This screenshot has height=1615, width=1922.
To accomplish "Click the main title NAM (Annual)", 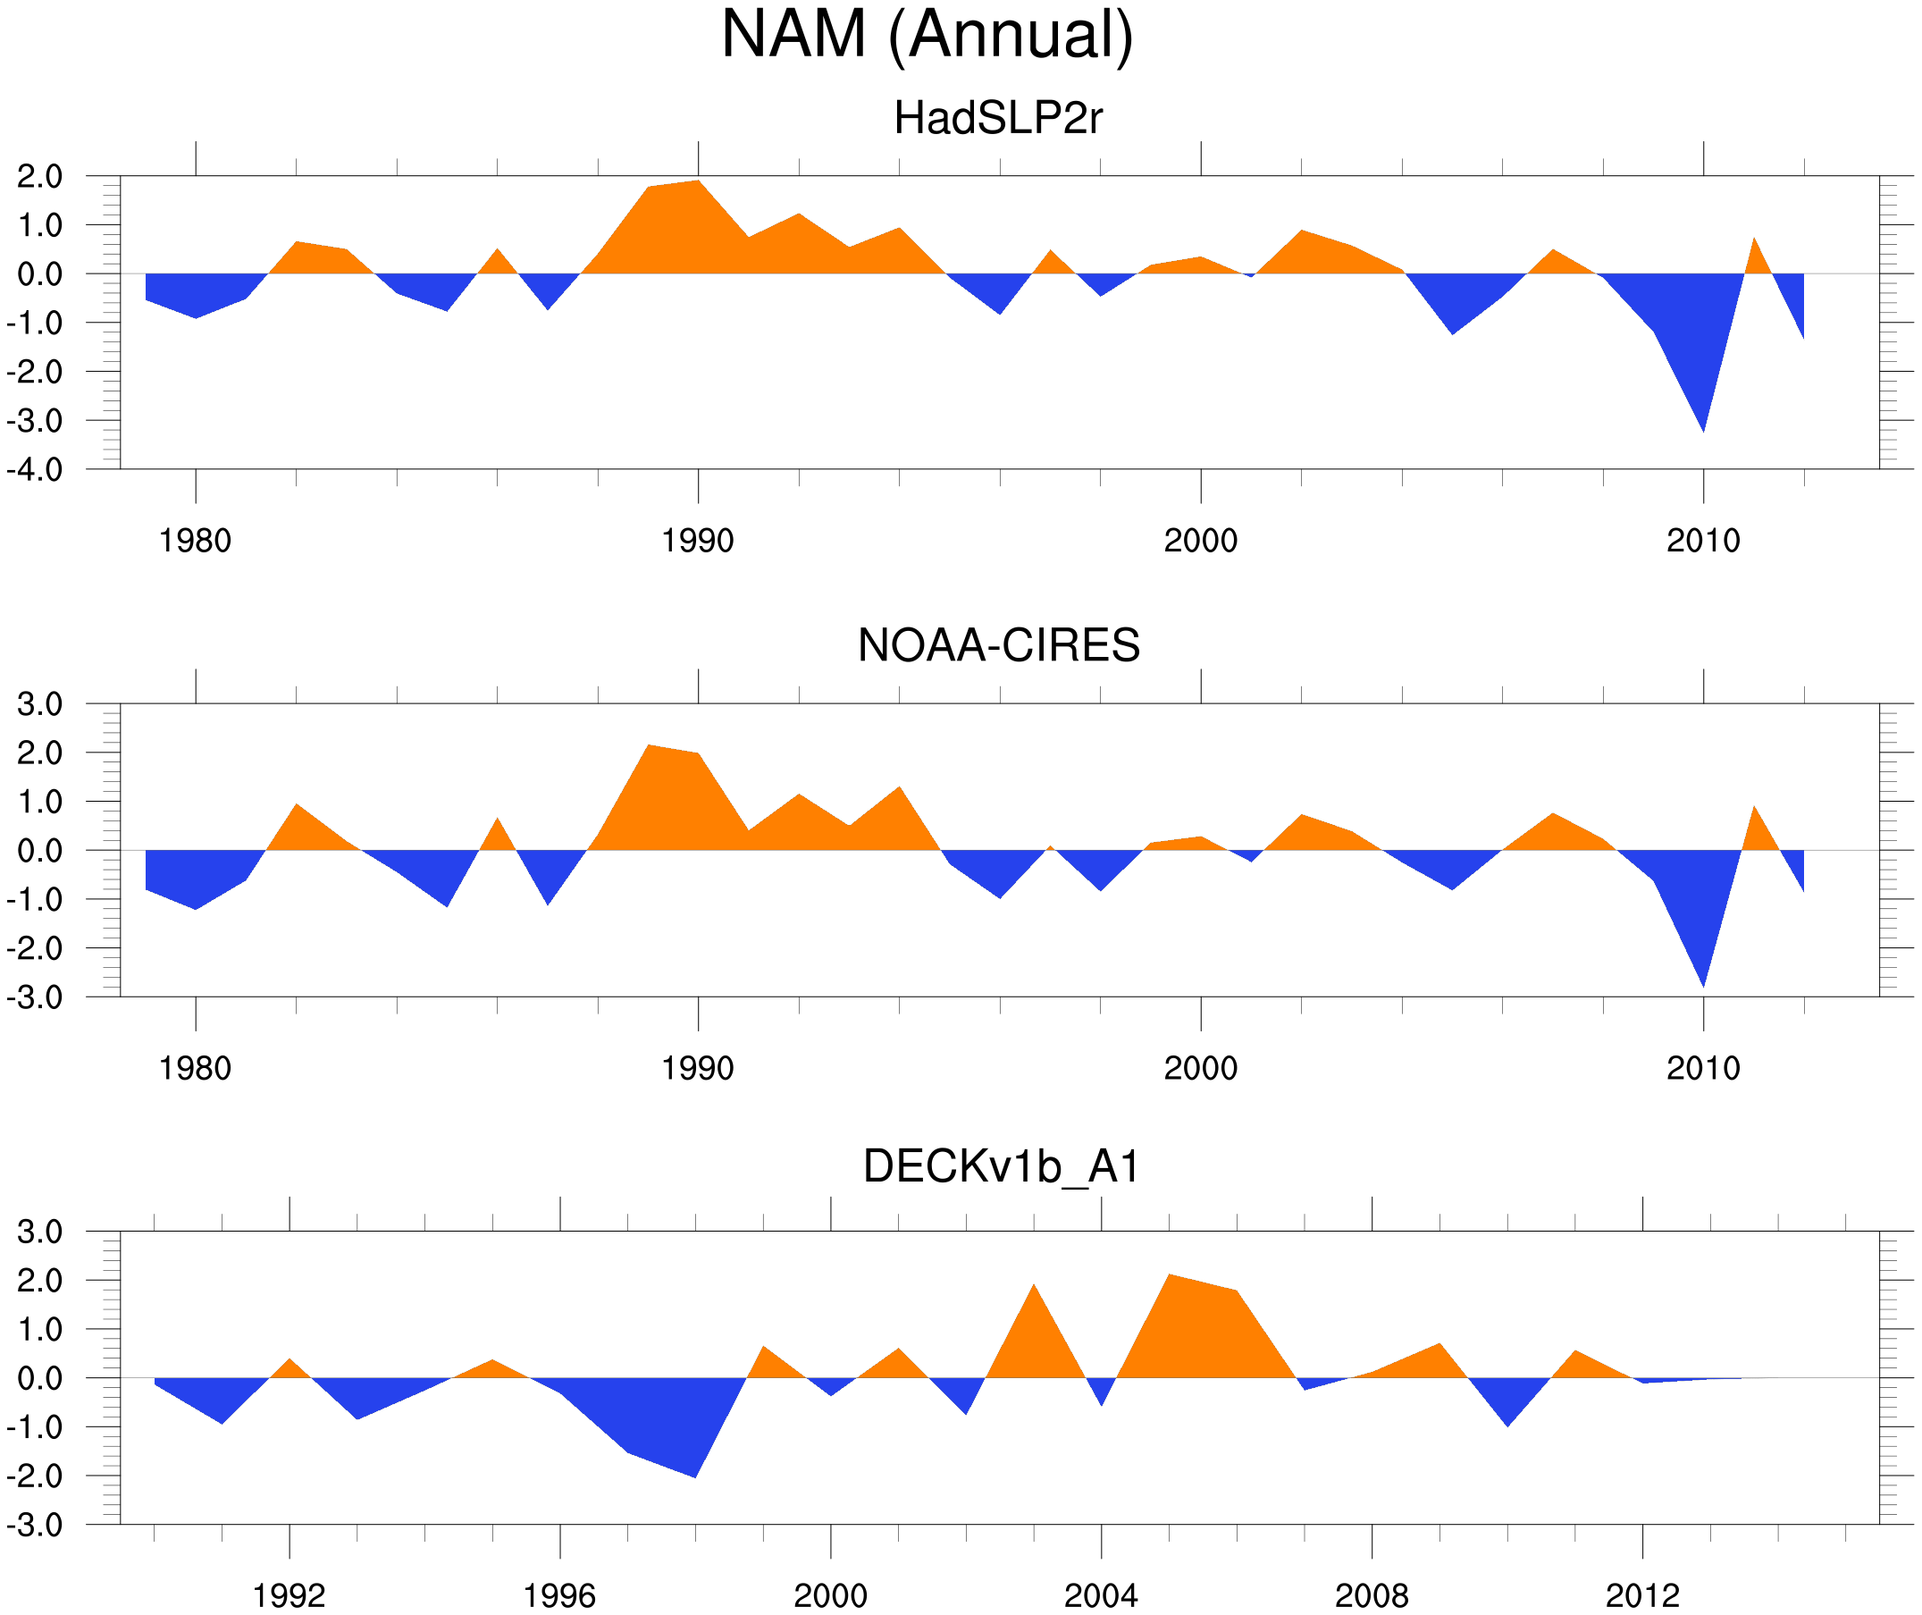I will click(x=927, y=35).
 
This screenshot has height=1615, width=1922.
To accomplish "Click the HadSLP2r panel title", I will click(x=997, y=118).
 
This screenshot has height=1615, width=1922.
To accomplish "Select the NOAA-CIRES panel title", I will click(x=998, y=645).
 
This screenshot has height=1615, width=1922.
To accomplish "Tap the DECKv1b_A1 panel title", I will click(x=1002, y=1166).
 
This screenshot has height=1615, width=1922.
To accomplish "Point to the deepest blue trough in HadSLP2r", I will click(x=1702, y=428).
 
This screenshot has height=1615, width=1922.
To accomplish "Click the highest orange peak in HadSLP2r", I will click(x=699, y=181).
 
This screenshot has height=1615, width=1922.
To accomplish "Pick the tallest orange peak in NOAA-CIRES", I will click(x=649, y=746).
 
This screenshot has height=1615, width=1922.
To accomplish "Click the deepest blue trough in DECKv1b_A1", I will click(x=694, y=1476).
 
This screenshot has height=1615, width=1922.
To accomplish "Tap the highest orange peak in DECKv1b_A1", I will click(x=1170, y=1275).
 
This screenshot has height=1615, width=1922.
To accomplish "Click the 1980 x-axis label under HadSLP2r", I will click(x=195, y=541).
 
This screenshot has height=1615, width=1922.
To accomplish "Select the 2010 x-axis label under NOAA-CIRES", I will click(x=1702, y=1068).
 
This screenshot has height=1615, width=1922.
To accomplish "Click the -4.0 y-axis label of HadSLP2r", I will click(x=35, y=470).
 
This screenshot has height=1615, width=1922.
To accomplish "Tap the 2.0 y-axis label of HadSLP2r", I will click(x=39, y=176).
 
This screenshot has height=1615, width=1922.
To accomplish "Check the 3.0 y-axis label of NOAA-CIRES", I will click(x=39, y=704).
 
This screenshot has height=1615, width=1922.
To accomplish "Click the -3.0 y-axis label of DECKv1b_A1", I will click(x=35, y=1526).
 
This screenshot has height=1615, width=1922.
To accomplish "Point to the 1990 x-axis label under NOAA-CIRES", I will click(x=698, y=1068).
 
